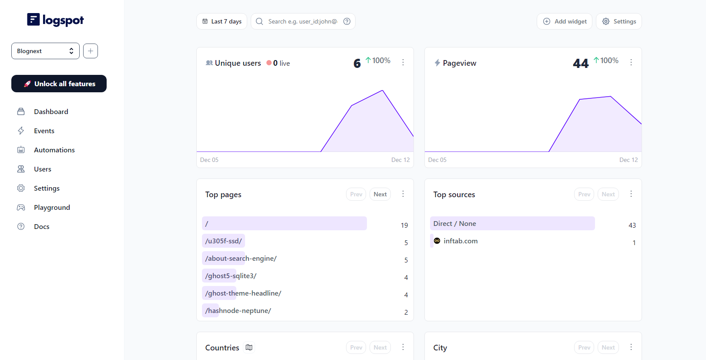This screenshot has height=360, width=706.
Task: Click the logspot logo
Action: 55,20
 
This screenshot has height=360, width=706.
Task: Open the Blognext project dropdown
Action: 45,51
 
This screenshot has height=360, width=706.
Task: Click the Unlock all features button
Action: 59,84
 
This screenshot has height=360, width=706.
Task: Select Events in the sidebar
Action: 44,131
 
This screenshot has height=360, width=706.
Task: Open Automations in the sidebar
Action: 54,150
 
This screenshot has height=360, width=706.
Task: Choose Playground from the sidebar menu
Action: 52,207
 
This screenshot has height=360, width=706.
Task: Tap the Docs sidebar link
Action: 41,226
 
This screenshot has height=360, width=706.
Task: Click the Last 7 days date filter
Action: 222,21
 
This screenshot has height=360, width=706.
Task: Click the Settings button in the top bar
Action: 619,21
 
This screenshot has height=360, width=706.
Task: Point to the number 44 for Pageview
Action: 581,64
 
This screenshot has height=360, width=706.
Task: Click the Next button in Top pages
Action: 380,194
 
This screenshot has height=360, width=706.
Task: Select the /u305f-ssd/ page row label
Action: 224,241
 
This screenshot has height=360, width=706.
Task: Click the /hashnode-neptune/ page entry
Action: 238,310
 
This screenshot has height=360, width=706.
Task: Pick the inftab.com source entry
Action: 460,241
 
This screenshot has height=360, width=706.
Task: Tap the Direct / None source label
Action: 454,223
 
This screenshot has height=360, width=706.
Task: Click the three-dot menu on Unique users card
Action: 403,62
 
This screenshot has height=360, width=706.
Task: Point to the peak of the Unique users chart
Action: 383,91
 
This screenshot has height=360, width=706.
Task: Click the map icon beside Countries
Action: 249,347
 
